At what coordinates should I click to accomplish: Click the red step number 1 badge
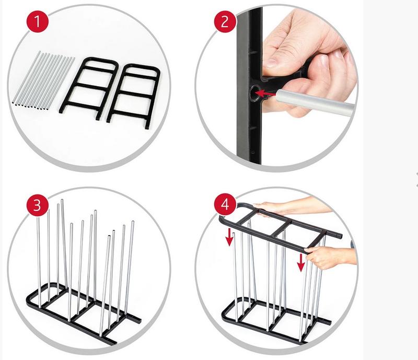[38, 21]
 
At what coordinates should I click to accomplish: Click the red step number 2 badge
[225, 21]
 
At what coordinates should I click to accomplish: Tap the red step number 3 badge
[38, 205]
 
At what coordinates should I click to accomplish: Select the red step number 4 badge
[225, 205]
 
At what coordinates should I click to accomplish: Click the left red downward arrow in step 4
[229, 237]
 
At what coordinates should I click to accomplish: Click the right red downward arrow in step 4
[301, 262]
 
